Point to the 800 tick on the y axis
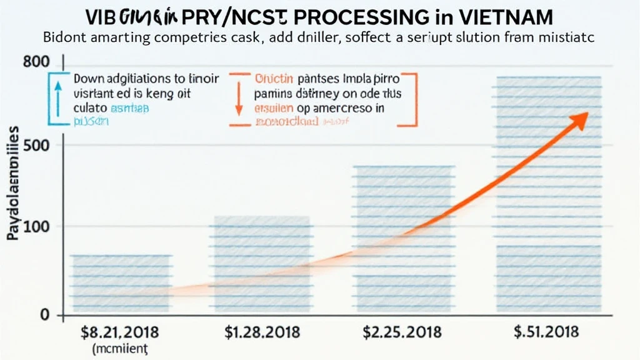pyautogui.click(x=35, y=62)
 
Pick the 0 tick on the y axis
pyautogui.click(x=44, y=315)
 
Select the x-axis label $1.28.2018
pyautogui.click(x=262, y=331)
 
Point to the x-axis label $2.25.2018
pyautogui.click(x=402, y=331)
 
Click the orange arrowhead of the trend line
pyautogui.click(x=581, y=119)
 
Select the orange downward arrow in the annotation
pyautogui.click(x=238, y=100)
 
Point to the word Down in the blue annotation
pyautogui.click(x=91, y=80)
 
